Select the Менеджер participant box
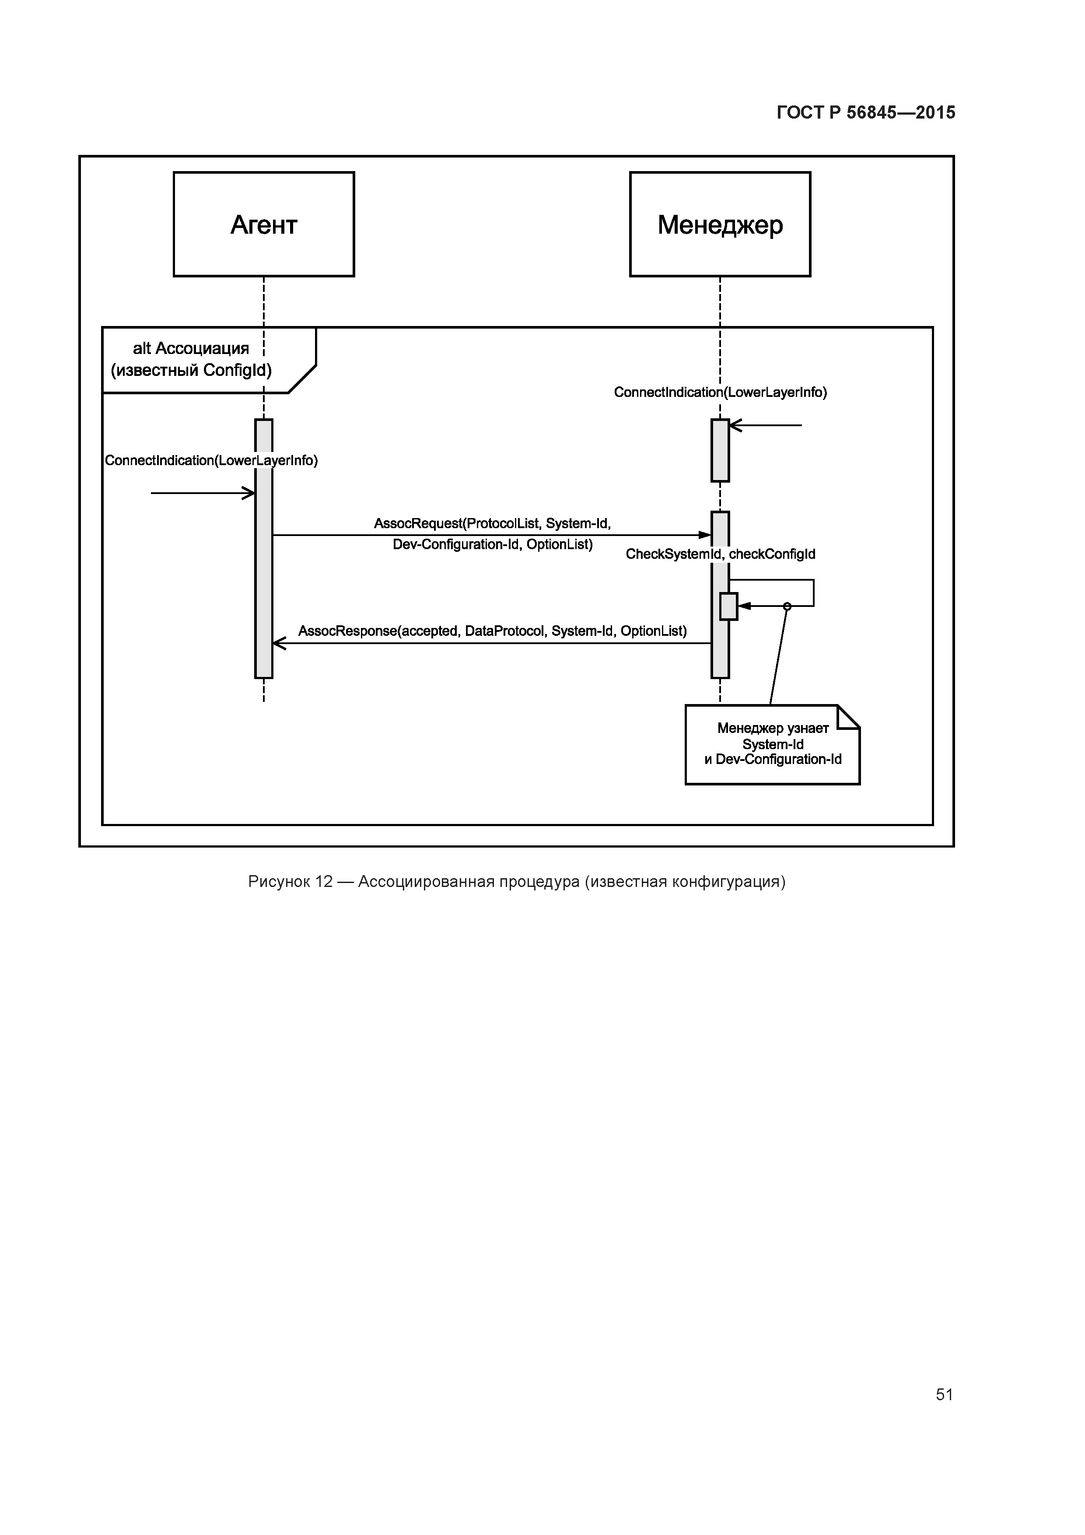coord(720,224)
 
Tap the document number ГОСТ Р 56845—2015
coord(866,113)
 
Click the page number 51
coord(944,1394)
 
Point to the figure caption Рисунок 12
coord(516,882)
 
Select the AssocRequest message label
coord(493,533)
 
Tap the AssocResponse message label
coord(493,631)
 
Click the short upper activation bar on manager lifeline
coord(720,450)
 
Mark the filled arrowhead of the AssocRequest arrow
coord(705,535)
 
